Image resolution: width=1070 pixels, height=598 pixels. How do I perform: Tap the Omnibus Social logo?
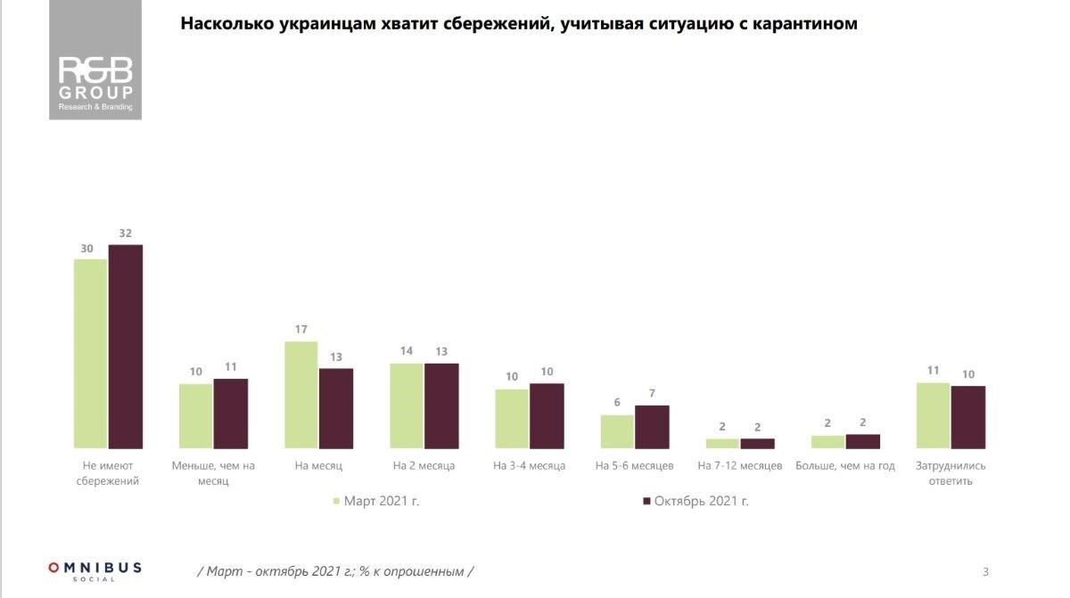coord(95,570)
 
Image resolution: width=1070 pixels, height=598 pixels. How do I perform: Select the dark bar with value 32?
coord(126,346)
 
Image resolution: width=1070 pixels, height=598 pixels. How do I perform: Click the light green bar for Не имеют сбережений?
coord(91,354)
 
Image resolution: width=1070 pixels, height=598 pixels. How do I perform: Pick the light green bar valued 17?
coord(301,395)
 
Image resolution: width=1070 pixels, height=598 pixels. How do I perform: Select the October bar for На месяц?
coord(336,408)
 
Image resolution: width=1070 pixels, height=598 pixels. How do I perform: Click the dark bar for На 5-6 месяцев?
coord(652,427)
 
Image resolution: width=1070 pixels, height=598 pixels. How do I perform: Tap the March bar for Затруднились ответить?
coord(934,415)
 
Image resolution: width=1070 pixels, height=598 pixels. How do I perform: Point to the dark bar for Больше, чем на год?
coord(863,441)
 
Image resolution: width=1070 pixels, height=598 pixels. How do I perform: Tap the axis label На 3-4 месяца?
coord(530,466)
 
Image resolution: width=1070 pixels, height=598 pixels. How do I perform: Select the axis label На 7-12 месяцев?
coord(740,466)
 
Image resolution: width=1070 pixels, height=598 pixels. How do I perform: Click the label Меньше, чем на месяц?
coord(213,473)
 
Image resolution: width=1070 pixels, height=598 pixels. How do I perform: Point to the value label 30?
coord(87,249)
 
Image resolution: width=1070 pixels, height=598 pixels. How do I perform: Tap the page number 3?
coord(985,571)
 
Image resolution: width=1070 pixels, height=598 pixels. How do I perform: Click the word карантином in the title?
coord(806,24)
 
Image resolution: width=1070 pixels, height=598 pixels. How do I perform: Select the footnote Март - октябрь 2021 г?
coord(335,571)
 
